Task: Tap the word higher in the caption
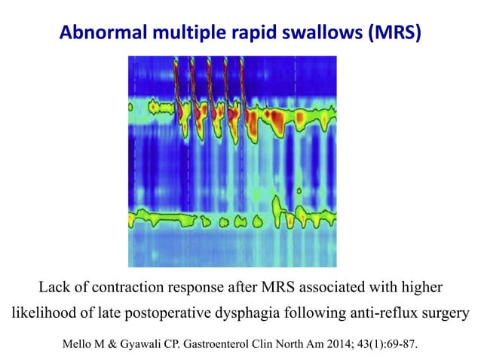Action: pyautogui.click(x=422, y=287)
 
